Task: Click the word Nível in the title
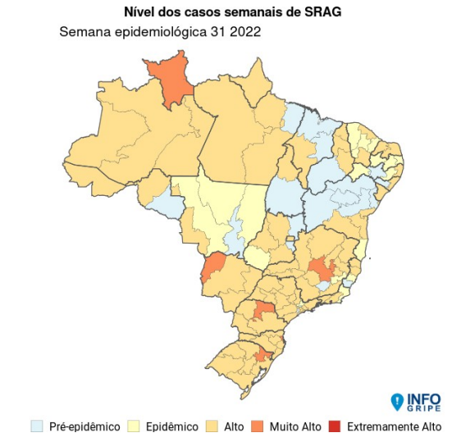pos(141,12)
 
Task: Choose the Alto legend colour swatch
pos(212,426)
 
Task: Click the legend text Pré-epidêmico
pos(84,427)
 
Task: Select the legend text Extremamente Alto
pos(394,427)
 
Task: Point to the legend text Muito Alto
pos(294,427)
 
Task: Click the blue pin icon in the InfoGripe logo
pos(397,402)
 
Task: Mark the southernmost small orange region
pos(262,355)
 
